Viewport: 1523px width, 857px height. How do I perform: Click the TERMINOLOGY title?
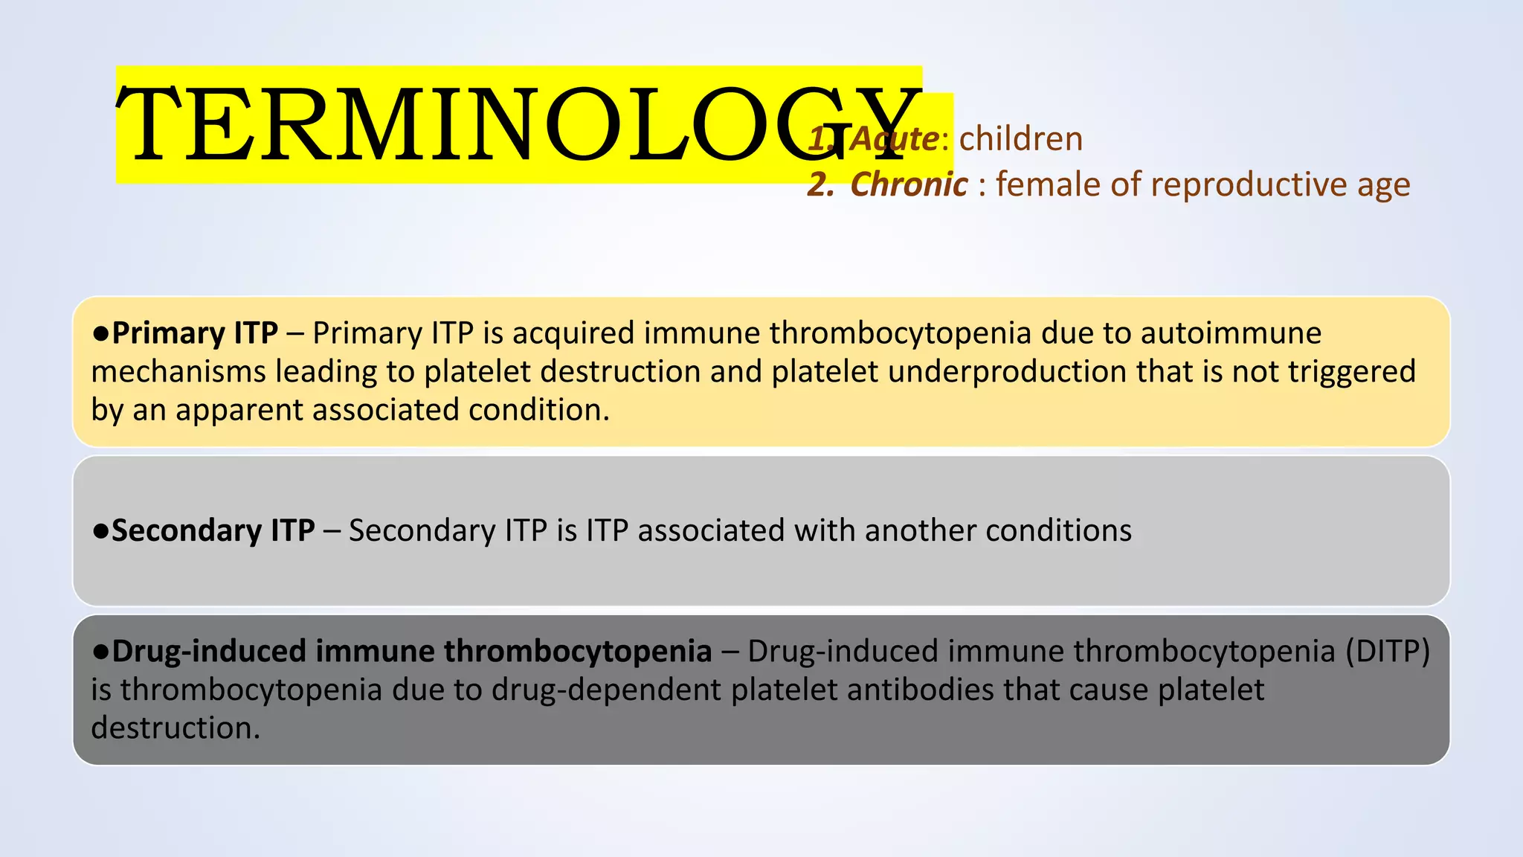point(518,124)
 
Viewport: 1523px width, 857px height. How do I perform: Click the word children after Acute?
point(1020,139)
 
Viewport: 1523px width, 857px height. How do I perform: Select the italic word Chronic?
point(909,184)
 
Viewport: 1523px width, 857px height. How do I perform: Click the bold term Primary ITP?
point(195,333)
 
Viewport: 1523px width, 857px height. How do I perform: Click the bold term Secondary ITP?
point(213,530)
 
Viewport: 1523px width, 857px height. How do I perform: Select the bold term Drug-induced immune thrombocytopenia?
point(411,651)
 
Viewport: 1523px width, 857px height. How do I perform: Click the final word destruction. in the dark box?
point(176,728)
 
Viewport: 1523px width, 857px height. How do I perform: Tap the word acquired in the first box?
point(573,333)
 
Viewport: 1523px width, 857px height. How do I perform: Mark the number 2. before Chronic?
point(820,184)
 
